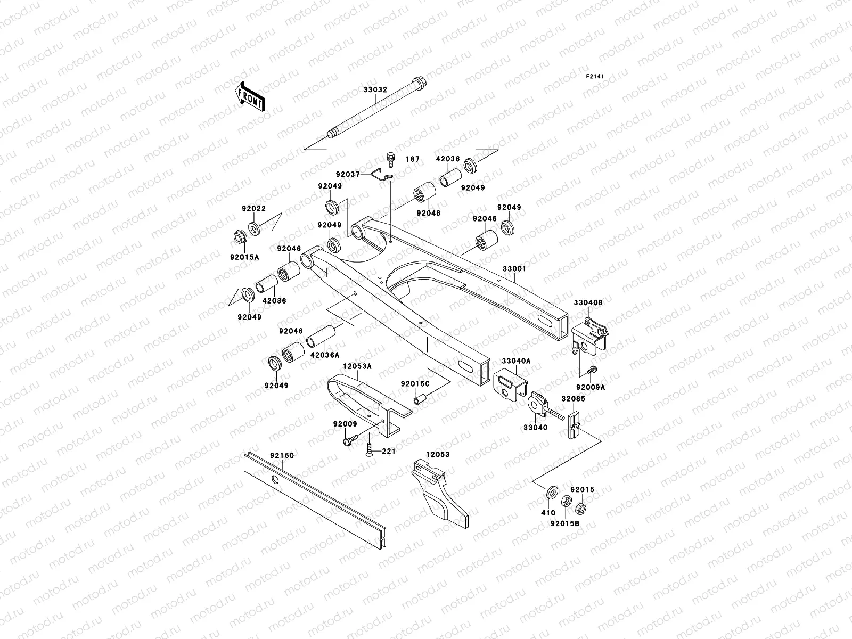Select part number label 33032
pos(375,90)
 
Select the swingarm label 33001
pos(514,269)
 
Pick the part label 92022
pos(253,209)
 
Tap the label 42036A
pos(322,354)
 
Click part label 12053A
pos(357,367)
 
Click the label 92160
pos(282,455)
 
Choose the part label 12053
pos(437,455)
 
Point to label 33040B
pos(588,302)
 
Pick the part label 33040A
pos(517,361)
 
